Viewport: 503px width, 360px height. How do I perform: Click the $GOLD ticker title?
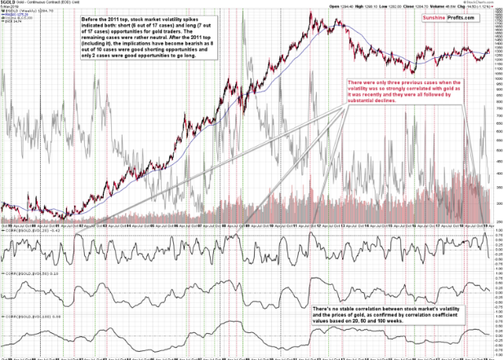coord(9,4)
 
